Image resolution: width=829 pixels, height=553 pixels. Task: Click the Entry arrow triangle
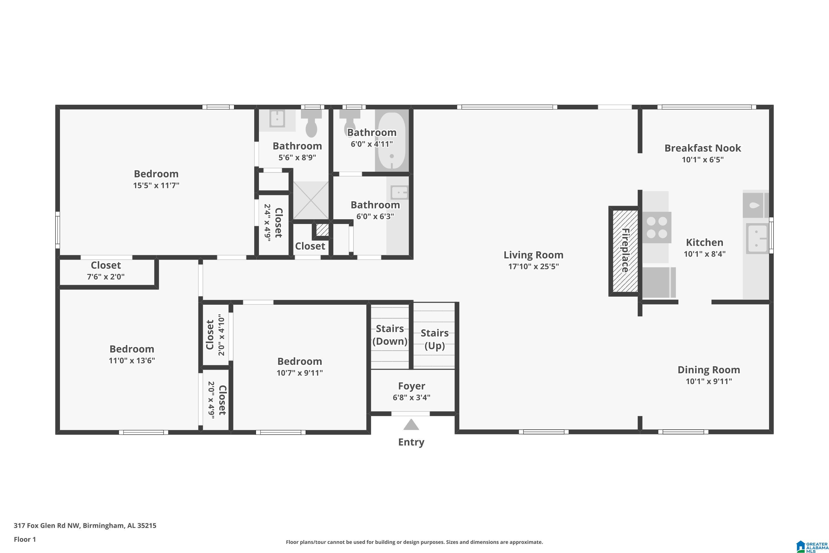tap(411, 425)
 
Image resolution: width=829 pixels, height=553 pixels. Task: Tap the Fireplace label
tap(625, 251)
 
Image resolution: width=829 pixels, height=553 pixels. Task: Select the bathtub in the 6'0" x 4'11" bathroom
tap(392, 141)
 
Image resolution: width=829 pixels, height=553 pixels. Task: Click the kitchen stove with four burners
tap(657, 228)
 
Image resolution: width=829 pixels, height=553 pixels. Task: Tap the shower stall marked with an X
tap(311, 200)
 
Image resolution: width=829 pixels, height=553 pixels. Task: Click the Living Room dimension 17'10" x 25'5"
tap(533, 266)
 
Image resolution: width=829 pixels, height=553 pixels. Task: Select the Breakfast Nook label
tap(702, 148)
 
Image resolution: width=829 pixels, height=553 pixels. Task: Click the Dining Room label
tap(709, 370)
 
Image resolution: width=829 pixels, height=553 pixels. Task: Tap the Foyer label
tap(411, 386)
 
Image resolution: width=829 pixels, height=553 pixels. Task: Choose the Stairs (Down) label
tap(390, 335)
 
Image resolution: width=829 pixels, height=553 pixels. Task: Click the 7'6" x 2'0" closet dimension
tap(106, 277)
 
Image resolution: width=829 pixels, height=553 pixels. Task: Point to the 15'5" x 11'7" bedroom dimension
tap(156, 186)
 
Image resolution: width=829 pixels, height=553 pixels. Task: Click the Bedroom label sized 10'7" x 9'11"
tap(300, 361)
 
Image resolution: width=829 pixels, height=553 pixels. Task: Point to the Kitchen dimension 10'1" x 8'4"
tap(705, 254)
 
